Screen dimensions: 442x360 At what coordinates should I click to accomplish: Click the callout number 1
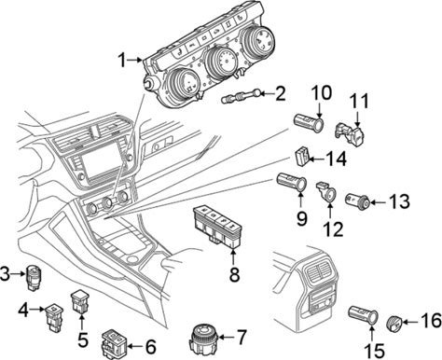click(x=122, y=60)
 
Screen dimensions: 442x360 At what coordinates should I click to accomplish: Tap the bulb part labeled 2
click(x=242, y=96)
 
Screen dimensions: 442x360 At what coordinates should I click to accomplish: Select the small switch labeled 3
click(x=34, y=277)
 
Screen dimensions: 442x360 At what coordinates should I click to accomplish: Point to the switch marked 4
click(x=55, y=317)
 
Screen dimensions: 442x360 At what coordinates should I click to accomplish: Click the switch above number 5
click(x=80, y=300)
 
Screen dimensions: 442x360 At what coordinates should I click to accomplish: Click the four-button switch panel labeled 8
click(x=218, y=226)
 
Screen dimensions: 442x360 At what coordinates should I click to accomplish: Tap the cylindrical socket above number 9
click(x=292, y=182)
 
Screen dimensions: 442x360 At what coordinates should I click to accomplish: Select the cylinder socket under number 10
click(x=310, y=122)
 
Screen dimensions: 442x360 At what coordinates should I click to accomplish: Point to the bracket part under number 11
click(x=350, y=133)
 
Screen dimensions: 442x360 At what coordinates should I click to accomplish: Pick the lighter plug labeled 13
click(x=358, y=201)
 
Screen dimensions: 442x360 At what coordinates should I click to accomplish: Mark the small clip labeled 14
click(x=301, y=157)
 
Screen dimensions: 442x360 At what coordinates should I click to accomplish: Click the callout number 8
click(x=234, y=274)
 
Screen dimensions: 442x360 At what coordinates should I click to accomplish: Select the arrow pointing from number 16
click(x=411, y=322)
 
